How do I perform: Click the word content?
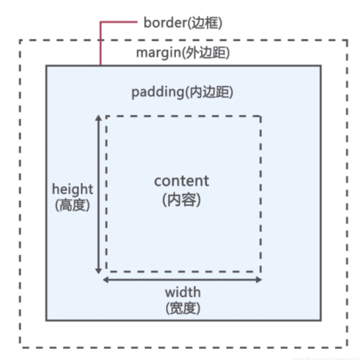(181, 181)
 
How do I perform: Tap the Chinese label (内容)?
(181, 199)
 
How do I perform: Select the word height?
(73, 189)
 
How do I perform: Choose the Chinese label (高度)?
(73, 205)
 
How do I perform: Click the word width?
(183, 292)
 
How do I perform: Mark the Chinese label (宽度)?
(183, 308)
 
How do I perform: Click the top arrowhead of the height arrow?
(99, 119)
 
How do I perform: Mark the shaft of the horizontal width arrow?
(183, 280)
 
